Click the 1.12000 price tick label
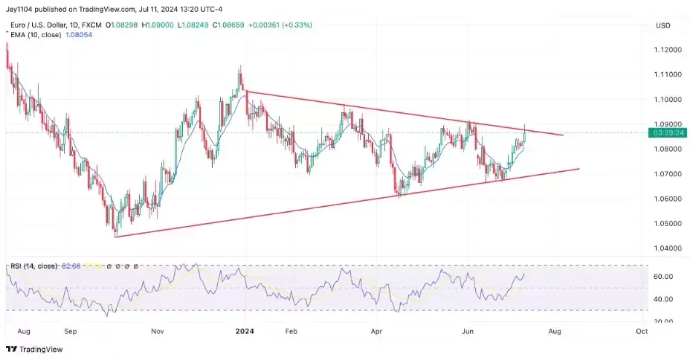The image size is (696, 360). point(666,50)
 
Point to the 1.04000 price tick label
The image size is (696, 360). point(666,248)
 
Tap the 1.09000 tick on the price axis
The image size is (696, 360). point(666,124)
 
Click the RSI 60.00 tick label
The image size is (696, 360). point(663,277)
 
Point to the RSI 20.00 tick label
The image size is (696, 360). point(663,321)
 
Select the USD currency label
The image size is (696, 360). point(663,26)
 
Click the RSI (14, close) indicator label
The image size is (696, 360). point(35,266)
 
